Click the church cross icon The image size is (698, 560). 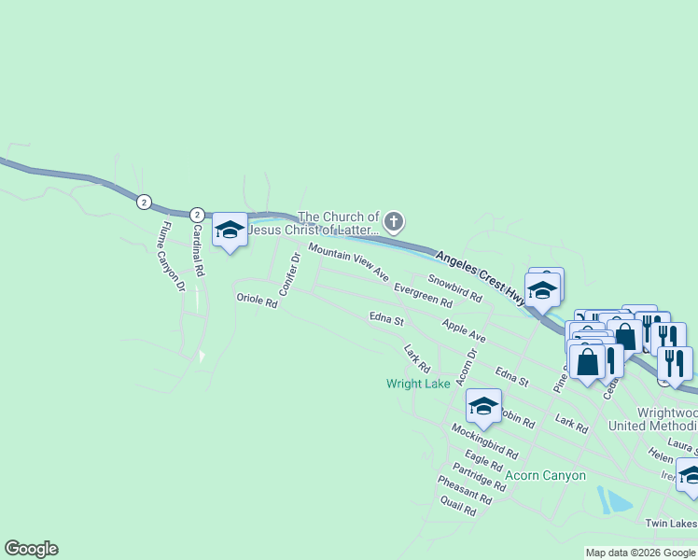394,221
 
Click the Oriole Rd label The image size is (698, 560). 257,301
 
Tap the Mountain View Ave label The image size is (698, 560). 348,262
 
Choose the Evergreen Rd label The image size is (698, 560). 423,295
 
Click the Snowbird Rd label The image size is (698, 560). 454,287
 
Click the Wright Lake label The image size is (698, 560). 419,384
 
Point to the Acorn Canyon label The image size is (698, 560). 545,475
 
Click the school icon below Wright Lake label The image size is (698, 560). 483,406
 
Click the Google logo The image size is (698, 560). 31,549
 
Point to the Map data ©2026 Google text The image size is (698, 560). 640,553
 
